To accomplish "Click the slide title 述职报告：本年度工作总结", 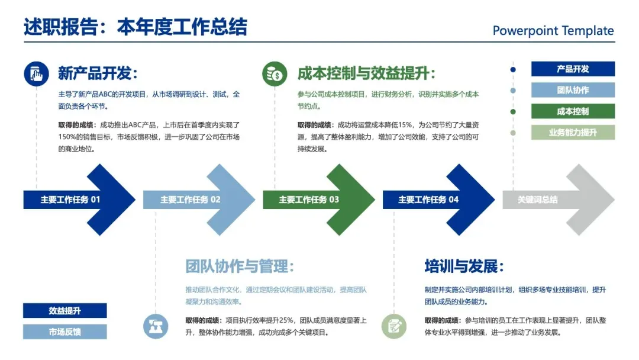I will click(135, 27).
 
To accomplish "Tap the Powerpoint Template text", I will click(553, 31).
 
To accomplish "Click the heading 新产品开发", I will click(98, 73).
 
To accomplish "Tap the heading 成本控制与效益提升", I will click(366, 73).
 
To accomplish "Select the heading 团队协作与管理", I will click(239, 266).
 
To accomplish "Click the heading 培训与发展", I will click(464, 266).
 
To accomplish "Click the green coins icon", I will click(275, 74).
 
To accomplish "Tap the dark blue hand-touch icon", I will click(36, 74).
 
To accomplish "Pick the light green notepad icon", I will click(393, 326).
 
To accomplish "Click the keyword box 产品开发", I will click(573, 69).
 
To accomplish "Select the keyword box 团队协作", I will click(573, 90).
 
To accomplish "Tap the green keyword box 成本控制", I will click(573, 111).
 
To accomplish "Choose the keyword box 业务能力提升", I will click(573, 133).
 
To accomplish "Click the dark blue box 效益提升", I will click(65, 311).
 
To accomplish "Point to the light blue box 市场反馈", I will click(65, 332).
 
